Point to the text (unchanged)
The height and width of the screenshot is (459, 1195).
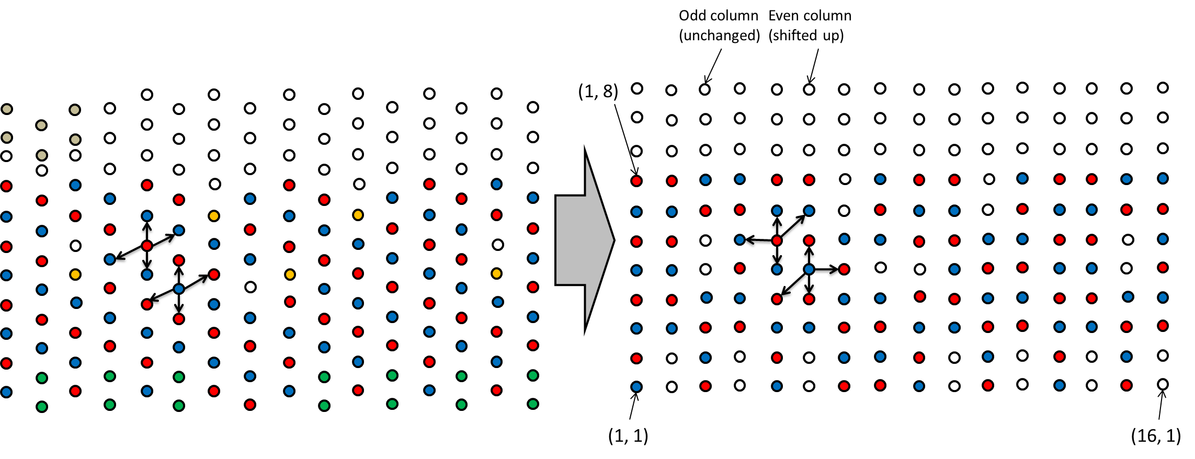(x=719, y=36)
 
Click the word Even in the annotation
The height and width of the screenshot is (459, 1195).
(x=782, y=16)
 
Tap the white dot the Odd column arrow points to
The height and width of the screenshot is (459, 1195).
(x=705, y=89)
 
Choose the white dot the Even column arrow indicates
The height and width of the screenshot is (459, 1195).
(x=809, y=89)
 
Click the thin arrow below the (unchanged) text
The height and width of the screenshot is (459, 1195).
(x=713, y=65)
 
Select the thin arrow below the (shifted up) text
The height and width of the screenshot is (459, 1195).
(x=814, y=65)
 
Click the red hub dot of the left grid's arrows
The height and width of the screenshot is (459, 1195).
(x=147, y=246)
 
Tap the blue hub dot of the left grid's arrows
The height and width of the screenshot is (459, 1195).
(x=179, y=289)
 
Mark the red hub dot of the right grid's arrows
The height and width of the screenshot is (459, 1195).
(x=777, y=240)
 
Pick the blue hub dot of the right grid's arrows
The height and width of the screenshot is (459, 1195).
(x=809, y=270)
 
